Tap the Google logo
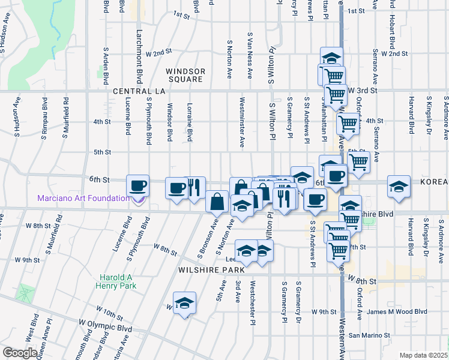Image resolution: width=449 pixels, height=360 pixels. point(20,353)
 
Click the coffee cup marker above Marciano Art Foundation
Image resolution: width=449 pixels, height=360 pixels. point(138,186)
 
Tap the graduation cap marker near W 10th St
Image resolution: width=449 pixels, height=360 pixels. point(184,302)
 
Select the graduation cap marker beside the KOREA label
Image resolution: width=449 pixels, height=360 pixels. point(399,186)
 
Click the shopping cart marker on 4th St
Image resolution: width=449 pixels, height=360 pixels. point(347,124)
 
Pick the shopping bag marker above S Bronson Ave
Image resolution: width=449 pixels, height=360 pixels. point(217,202)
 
